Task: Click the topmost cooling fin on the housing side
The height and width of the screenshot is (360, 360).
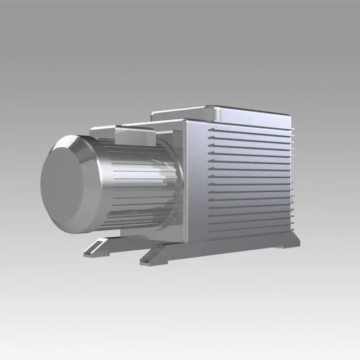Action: tap(247, 128)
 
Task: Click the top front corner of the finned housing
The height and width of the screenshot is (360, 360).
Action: tap(186, 120)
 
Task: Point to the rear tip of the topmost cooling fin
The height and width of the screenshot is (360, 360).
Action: tap(293, 130)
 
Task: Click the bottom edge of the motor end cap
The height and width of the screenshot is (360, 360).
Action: tap(70, 232)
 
